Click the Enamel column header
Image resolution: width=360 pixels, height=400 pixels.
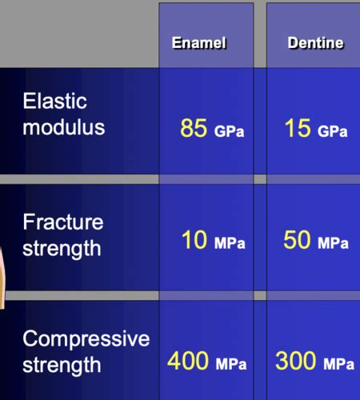[199, 42]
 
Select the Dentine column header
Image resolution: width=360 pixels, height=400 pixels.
[316, 42]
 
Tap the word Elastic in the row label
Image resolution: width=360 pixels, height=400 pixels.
[55, 101]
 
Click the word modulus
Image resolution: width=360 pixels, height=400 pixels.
[64, 127]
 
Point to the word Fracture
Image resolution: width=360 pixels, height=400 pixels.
[63, 222]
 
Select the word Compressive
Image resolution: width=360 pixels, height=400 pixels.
[86, 338]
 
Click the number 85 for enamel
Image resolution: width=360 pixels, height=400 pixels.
[194, 128]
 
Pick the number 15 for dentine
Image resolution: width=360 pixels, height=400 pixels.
[298, 128]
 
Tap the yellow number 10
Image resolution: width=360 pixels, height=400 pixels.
[194, 239]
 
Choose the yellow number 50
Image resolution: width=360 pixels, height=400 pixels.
[297, 239]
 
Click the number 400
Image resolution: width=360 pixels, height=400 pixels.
[188, 361]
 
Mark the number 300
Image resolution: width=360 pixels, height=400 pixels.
[295, 361]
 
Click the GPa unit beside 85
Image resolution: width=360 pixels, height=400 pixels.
[229, 131]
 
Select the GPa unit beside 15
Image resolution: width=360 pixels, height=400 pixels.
[333, 131]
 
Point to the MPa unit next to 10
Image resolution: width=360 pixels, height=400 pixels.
[230, 243]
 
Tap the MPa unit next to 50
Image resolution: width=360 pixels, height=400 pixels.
[333, 243]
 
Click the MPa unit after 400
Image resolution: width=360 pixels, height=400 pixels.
[231, 364]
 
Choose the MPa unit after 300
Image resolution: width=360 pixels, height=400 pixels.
[339, 364]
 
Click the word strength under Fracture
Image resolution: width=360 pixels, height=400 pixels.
[62, 249]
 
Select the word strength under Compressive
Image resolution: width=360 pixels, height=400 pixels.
[62, 366]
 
